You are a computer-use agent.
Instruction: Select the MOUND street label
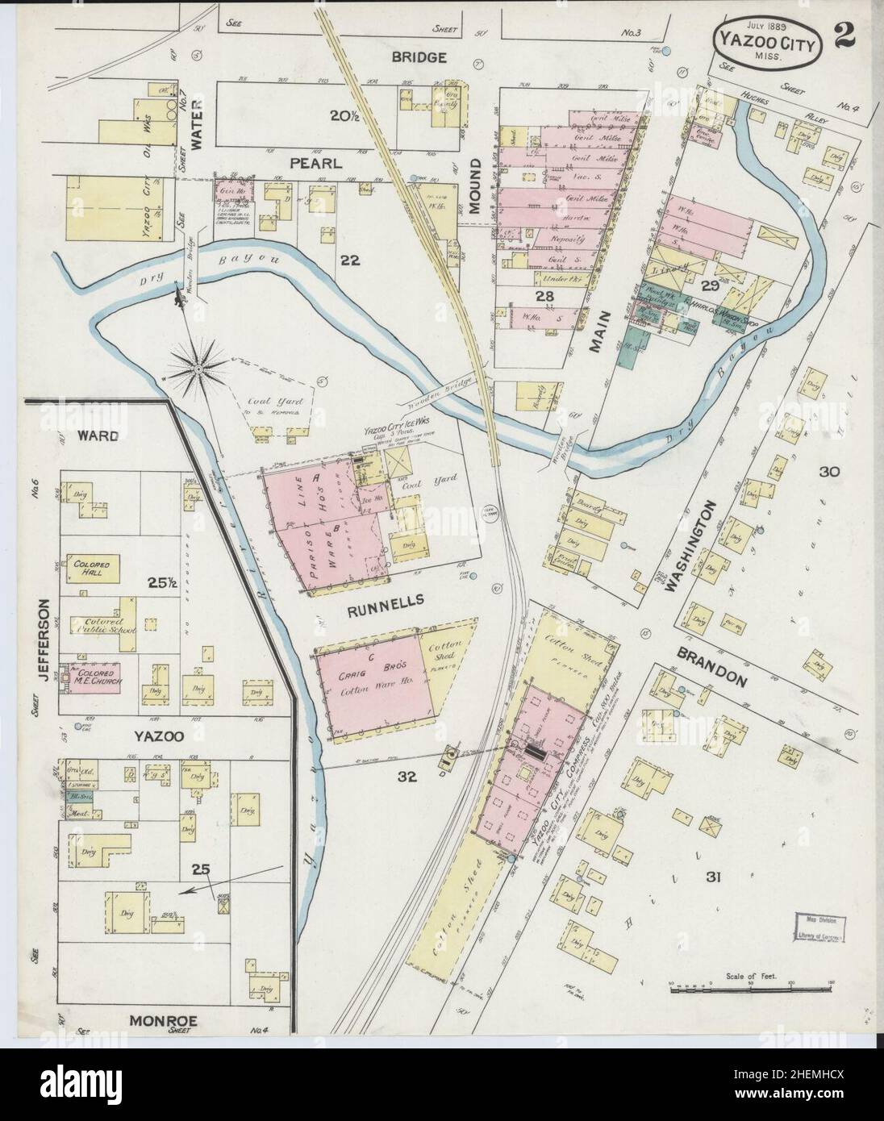tap(476, 185)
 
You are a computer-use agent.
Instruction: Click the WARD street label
tap(98, 436)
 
